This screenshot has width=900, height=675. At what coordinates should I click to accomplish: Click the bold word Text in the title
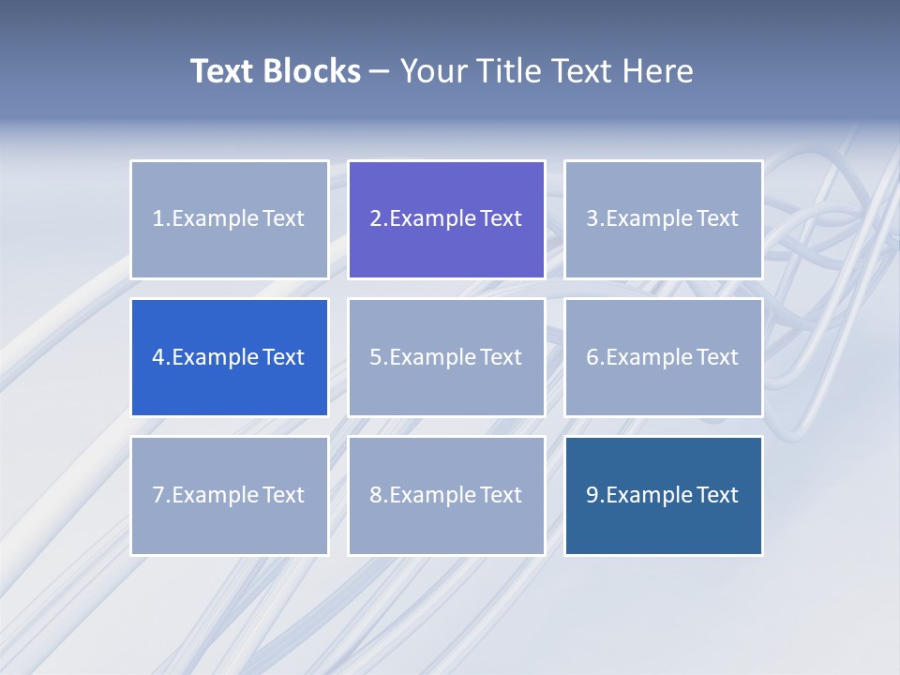(x=222, y=71)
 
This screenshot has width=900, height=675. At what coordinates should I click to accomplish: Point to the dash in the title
(x=380, y=72)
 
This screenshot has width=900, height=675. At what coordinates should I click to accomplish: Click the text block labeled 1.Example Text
(x=229, y=219)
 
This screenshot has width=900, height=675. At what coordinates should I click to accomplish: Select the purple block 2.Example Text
(x=446, y=219)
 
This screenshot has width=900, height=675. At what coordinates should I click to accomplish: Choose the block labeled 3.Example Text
(x=663, y=219)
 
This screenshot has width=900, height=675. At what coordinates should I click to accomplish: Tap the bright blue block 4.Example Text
(x=229, y=357)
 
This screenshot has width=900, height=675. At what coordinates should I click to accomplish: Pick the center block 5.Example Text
(x=446, y=357)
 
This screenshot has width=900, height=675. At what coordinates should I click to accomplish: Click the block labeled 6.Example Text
(x=663, y=357)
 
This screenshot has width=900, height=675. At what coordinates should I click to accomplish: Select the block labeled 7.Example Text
(x=229, y=495)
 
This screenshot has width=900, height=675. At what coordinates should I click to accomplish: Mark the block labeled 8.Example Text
(x=446, y=495)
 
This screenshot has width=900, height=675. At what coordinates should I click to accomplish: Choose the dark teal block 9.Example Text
(x=663, y=495)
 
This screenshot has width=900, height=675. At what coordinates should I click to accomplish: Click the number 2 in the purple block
(x=376, y=219)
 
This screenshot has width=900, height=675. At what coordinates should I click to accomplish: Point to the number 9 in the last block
(x=592, y=495)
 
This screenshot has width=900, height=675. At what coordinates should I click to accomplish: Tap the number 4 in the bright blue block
(x=158, y=358)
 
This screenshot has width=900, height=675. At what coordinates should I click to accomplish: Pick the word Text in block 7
(x=283, y=495)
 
